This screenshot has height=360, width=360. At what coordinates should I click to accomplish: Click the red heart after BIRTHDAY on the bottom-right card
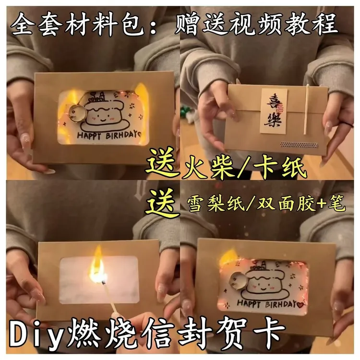(301, 303)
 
